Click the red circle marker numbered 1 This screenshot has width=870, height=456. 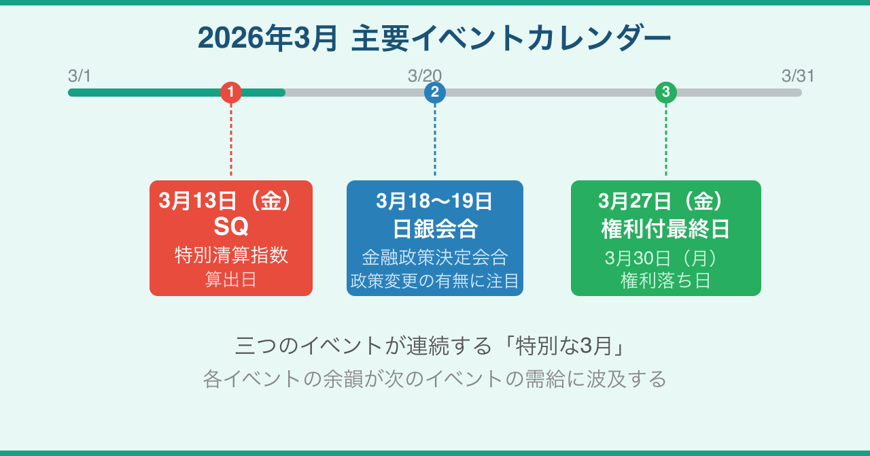tap(231, 92)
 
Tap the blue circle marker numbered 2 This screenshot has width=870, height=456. tap(435, 92)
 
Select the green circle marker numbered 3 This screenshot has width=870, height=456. tap(666, 92)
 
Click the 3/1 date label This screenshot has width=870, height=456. tap(80, 76)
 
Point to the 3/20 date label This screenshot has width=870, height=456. tap(425, 76)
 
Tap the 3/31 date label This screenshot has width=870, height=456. tap(798, 76)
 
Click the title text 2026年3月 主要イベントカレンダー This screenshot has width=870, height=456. tap(434, 39)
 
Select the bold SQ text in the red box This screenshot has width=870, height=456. tap(231, 226)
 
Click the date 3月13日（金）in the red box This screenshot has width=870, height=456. tap(227, 201)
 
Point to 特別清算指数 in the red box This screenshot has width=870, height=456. tap(231, 256)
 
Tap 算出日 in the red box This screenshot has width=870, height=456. tap(231, 280)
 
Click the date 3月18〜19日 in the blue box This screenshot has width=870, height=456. tap(434, 201)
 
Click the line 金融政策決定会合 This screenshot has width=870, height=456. tap(435, 257)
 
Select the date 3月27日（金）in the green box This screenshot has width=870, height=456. tap(661, 201)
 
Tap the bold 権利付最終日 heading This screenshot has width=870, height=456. tap(666, 229)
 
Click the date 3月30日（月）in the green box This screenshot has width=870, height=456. tap(661, 259)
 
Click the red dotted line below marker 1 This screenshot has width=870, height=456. tap(231, 140)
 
